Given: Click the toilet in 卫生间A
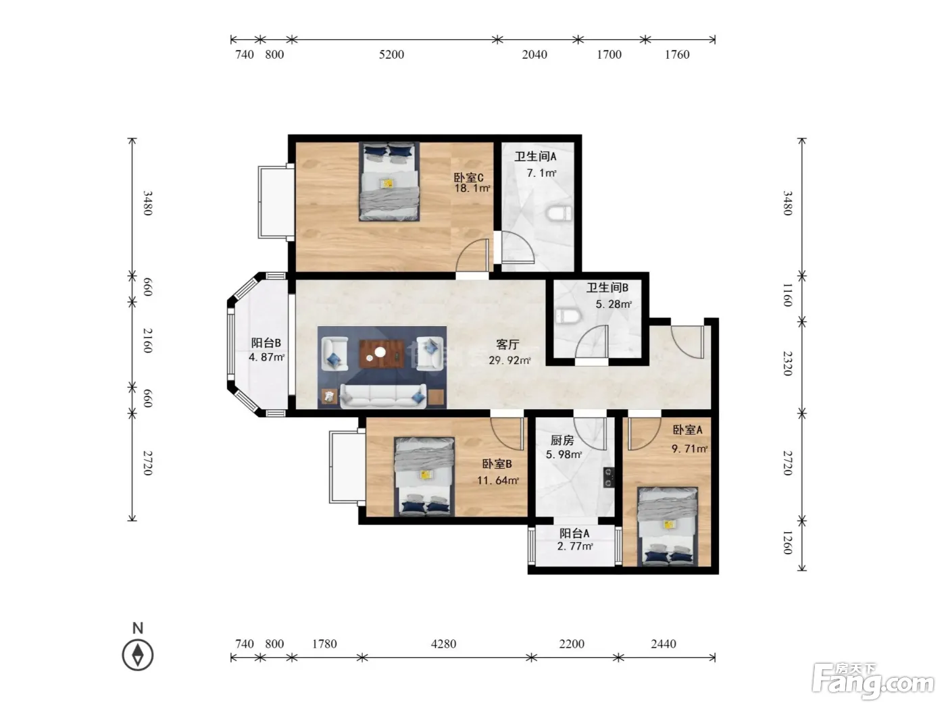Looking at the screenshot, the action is pos(559,213).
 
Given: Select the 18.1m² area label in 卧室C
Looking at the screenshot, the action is pos(472,188).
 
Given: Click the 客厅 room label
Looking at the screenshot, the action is pos(507,344).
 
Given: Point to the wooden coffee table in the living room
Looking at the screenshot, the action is pos(382,354).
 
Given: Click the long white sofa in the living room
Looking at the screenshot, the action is pos(383,396).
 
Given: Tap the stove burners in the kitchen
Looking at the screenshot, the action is pos(609,477).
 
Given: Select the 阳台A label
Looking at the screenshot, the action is pos(574,533).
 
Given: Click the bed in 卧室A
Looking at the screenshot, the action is pos(668,525).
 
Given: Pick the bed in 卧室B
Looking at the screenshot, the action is pos(424,477).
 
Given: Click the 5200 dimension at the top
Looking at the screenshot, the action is pos(391,55).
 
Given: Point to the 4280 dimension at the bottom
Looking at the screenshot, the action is pos(443,644).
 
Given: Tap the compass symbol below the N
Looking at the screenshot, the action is pos(138,655).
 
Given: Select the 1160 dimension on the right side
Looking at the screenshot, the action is pos(787,295).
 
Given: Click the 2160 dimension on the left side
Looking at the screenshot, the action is pos(147,340).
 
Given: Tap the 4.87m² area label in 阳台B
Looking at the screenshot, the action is pos(267,357).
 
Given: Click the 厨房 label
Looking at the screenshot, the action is pos(562,440).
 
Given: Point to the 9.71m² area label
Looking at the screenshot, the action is pos(690,448).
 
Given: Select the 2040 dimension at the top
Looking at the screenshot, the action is pos(534,55).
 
